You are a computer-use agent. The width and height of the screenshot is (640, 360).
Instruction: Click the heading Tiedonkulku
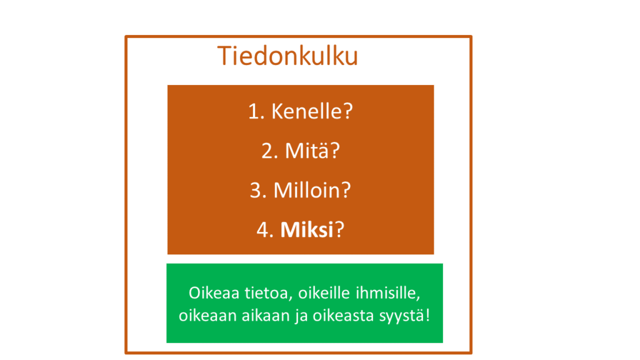point(287,56)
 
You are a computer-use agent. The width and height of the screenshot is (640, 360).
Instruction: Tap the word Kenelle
point(307,111)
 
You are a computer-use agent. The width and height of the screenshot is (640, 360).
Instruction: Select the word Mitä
point(307,151)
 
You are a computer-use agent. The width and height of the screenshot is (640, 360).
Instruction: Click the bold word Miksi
point(307,230)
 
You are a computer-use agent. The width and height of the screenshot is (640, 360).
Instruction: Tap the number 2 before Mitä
point(269,151)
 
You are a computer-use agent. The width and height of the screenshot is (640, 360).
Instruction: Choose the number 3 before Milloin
point(257,191)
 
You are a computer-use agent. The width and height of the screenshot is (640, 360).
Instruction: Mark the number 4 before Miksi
point(264,230)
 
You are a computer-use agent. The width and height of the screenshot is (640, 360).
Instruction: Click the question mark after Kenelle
point(347,111)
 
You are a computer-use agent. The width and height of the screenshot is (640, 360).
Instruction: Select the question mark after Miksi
point(339,230)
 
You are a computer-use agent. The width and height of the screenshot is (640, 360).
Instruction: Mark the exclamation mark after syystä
point(427,315)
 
